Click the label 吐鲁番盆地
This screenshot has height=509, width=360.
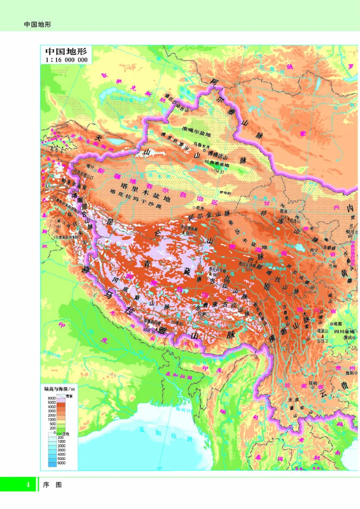point(217,165)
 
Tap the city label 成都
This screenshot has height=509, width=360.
point(337,323)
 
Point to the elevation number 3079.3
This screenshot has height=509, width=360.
point(324,341)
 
